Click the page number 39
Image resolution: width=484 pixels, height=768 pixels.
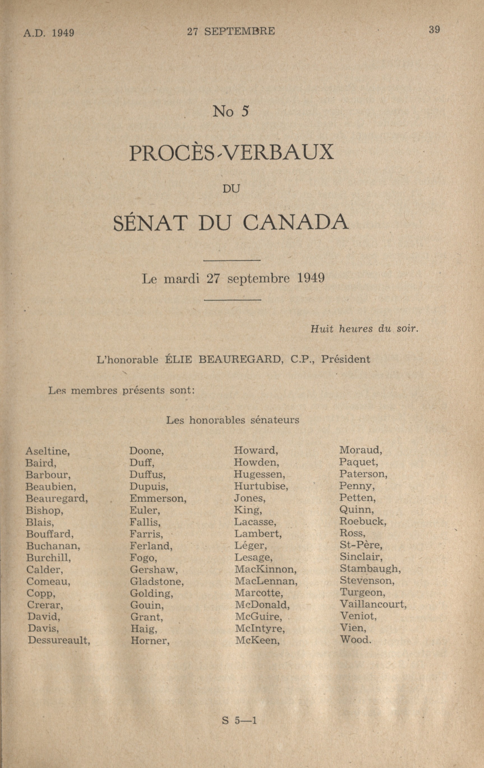tap(434, 30)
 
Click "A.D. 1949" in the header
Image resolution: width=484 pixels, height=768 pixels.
tap(49, 33)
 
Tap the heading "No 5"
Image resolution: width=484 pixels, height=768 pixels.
tap(230, 111)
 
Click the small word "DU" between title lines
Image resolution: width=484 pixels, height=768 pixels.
tap(231, 189)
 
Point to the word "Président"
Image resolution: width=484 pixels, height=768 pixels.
tap(345, 359)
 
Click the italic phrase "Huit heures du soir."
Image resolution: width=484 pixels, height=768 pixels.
tap(364, 329)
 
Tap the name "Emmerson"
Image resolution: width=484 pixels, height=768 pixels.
tap(158, 498)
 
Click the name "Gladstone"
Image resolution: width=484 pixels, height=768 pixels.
tap(157, 582)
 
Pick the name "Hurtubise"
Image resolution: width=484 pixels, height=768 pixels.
tap(261, 486)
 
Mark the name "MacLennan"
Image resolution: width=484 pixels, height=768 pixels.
tap(266, 581)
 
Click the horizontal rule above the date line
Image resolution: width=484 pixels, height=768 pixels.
tap(232, 261)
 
